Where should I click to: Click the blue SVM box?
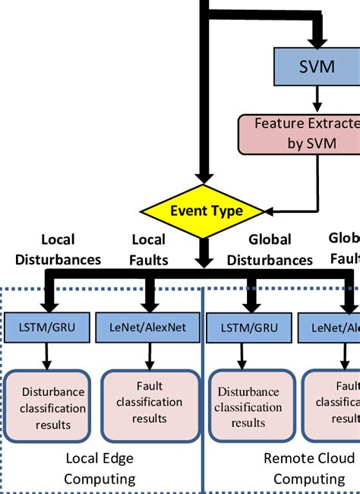[317, 65]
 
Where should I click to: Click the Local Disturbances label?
[57, 249]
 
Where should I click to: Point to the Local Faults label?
[148, 249]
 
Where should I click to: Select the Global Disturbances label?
[270, 249]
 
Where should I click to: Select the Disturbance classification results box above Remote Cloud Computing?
[248, 407]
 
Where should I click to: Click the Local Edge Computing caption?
[99, 469]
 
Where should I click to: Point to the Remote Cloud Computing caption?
[308, 469]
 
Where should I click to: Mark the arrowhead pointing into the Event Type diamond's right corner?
[268, 211]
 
